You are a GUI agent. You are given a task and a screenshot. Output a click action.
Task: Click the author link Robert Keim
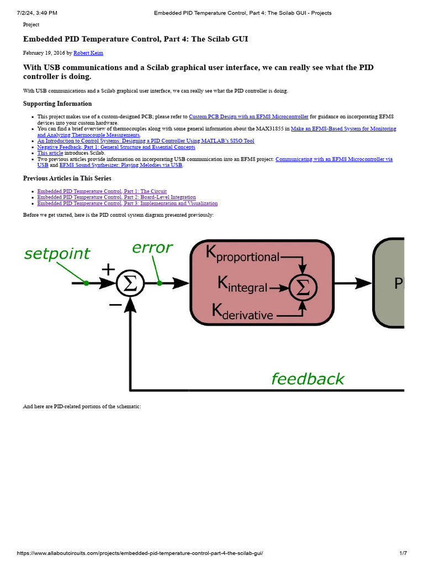pyautogui.click(x=88, y=53)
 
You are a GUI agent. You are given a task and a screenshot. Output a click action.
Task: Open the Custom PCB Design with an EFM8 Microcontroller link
pyautogui.click(x=248, y=117)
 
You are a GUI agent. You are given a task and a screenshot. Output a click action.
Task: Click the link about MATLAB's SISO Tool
pyautogui.click(x=146, y=141)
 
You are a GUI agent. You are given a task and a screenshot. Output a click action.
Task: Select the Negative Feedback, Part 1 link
pyautogui.click(x=116, y=147)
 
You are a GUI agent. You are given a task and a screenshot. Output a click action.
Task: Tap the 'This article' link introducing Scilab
pyautogui.click(x=50, y=153)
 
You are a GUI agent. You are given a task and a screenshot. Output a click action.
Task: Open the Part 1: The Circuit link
pyautogui.click(x=102, y=191)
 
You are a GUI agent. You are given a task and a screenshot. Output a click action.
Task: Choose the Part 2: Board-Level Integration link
pyautogui.click(x=116, y=197)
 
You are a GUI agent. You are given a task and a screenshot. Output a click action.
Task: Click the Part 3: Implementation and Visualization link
pyautogui.click(x=127, y=203)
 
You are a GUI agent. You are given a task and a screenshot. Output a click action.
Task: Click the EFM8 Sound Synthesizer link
pyautogui.click(x=121, y=165)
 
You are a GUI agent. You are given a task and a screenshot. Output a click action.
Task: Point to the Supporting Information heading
pyautogui.click(x=57, y=104)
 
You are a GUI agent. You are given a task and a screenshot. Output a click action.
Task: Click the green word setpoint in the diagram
pyautogui.click(x=57, y=254)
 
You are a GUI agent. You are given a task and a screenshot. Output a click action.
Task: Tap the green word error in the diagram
pyautogui.click(x=152, y=248)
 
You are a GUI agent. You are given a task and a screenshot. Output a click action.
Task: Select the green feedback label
pyautogui.click(x=308, y=379)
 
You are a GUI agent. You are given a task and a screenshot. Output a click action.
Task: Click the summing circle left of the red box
pyautogui.click(x=130, y=283)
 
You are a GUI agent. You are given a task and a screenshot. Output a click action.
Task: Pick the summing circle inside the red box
pyautogui.click(x=301, y=287)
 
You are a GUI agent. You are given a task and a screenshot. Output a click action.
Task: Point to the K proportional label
pyautogui.click(x=243, y=254)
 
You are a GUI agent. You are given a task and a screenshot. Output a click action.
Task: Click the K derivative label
pyautogui.click(x=243, y=312)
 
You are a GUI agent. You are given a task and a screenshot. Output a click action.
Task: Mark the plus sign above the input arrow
pyautogui.click(x=108, y=269)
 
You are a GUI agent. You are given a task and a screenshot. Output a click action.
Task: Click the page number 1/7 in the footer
pyautogui.click(x=403, y=553)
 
